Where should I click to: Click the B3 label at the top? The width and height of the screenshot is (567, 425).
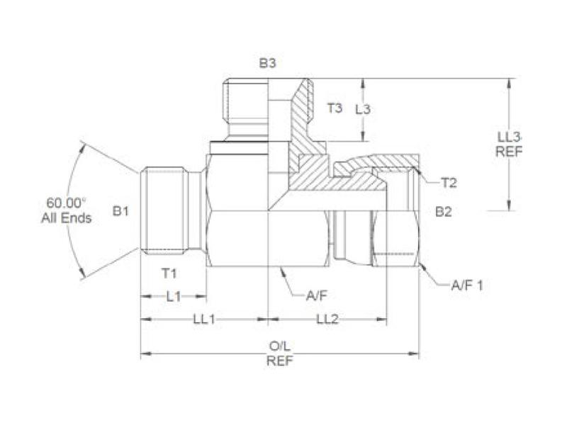[x=267, y=64]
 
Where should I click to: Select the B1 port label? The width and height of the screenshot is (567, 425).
[x=121, y=210]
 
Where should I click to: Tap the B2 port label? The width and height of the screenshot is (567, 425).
[x=444, y=211]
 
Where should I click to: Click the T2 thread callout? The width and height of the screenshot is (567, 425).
[x=448, y=183]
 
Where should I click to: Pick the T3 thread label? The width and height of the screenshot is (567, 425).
[x=335, y=108]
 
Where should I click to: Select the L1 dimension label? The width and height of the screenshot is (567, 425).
[x=173, y=297]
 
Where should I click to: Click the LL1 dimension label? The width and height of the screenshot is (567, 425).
[x=204, y=319]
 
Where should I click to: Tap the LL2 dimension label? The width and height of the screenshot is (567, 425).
[x=327, y=319]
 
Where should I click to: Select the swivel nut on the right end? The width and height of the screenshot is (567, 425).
[x=397, y=212]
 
